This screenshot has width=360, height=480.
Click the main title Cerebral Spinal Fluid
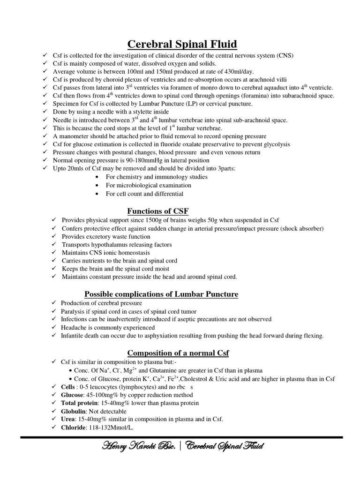pos(182,45)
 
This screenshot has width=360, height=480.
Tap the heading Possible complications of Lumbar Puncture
pos(161,294)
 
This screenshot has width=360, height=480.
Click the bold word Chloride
pos(76,427)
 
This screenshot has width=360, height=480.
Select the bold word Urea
pos(70,419)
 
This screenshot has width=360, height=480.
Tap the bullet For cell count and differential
pos(144,194)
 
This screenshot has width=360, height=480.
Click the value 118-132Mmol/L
pos(115,427)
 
